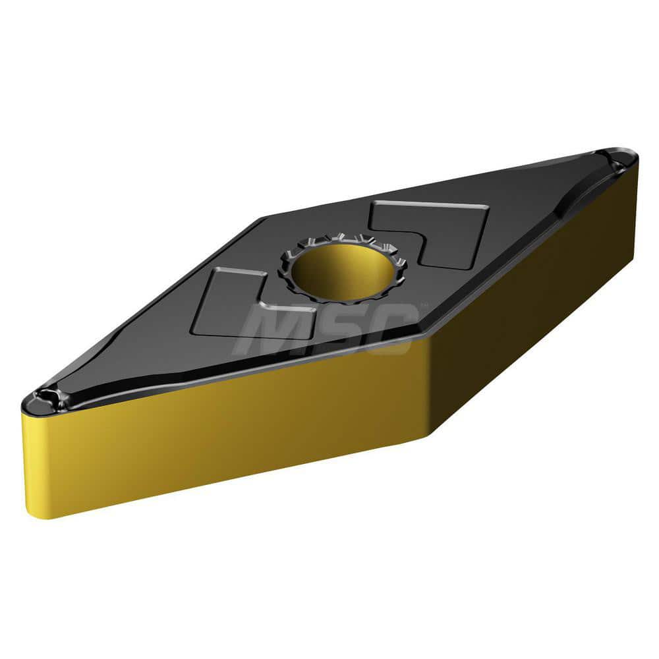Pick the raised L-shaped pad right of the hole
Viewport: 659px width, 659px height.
coord(448,231)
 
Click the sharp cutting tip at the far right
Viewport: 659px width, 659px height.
coord(634,157)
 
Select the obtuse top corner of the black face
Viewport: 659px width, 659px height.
coord(264,218)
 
